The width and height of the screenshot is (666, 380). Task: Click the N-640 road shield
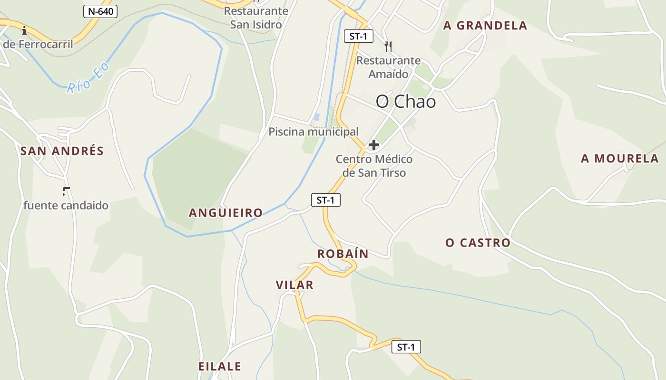tap(100, 11)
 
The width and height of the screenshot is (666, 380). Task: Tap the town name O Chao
tap(406, 101)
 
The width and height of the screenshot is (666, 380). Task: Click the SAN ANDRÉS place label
tap(62, 151)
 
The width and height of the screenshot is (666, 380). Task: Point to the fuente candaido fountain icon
tap(66, 191)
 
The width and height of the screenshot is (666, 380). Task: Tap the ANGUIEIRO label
tap(225, 213)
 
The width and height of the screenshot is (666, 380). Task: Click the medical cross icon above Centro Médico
tap(374, 145)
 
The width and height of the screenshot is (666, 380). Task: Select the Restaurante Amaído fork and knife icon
tap(389, 46)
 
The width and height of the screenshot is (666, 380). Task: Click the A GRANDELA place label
tap(485, 26)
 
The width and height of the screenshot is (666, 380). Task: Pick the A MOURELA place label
tap(620, 159)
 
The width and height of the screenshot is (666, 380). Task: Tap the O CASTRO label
tap(478, 243)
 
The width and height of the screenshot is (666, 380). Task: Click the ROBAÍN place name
tap(343, 254)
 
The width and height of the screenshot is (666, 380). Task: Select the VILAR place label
tap(294, 285)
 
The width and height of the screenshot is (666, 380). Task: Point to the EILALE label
tap(219, 367)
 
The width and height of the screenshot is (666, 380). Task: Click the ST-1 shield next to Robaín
tap(326, 200)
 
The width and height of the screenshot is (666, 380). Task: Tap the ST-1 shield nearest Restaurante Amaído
tap(359, 36)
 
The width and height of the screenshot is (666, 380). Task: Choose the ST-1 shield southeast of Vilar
tap(406, 347)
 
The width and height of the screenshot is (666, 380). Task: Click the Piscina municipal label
tap(313, 132)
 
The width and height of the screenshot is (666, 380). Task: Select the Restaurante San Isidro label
tap(256, 18)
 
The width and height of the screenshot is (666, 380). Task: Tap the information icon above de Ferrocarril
tap(24, 30)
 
